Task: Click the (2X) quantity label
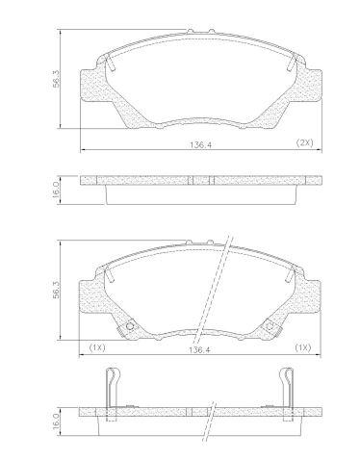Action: pyautogui.click(x=304, y=142)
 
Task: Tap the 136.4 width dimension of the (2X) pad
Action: pyautogui.click(x=200, y=144)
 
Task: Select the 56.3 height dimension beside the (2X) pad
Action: pyautogui.click(x=57, y=79)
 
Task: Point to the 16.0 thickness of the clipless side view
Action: pyautogui.click(x=56, y=190)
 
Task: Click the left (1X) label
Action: pyautogui.click(x=97, y=347)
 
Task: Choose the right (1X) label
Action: pyautogui.click(x=302, y=347)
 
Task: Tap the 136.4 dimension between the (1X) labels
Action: pyautogui.click(x=199, y=349)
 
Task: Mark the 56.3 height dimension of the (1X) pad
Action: pyautogui.click(x=57, y=291)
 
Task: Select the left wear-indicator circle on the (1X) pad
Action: pyautogui.click(x=130, y=326)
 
